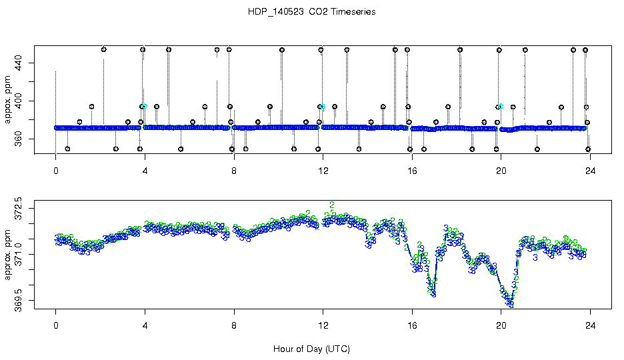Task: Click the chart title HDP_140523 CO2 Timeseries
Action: click(x=311, y=12)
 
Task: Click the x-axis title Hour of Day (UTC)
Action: click(x=311, y=349)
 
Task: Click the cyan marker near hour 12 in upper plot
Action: click(x=323, y=107)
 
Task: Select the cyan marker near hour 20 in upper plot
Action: click(x=501, y=107)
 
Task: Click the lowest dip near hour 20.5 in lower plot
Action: click(x=511, y=304)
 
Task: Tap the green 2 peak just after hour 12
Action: click(x=331, y=205)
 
